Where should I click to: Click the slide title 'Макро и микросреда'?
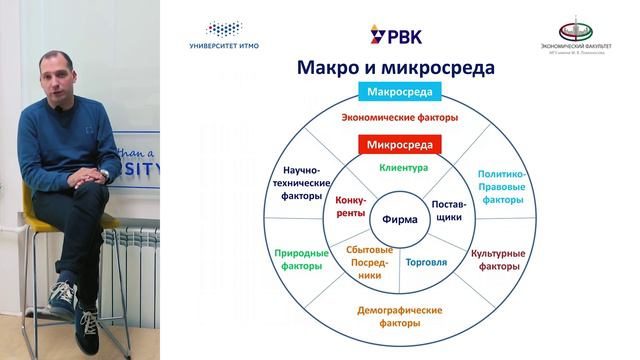click(395, 68)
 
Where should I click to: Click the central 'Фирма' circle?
click(400, 219)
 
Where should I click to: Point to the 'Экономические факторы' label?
click(399, 118)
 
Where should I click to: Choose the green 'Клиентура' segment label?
click(403, 168)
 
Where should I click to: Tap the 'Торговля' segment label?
click(426, 262)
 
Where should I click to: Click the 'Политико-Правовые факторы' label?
click(501, 186)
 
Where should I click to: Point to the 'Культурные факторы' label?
click(498, 260)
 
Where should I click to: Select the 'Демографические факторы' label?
click(400, 316)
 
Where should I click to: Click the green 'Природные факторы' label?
click(298, 260)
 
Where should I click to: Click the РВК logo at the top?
click(397, 36)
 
